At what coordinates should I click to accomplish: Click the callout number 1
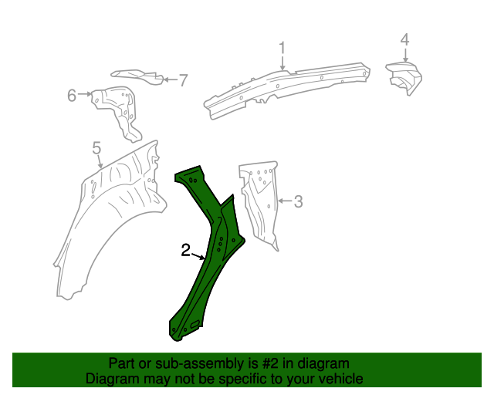click(283, 49)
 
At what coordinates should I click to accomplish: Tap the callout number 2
click(186, 250)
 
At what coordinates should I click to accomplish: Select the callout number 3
click(299, 202)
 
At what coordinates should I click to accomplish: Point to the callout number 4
click(404, 40)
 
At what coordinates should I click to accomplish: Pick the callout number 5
click(96, 147)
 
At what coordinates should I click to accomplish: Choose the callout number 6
click(72, 96)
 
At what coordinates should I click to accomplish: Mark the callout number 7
click(183, 79)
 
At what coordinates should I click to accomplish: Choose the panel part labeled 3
click(260, 204)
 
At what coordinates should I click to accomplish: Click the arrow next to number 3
click(284, 202)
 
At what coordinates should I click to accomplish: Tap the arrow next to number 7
click(168, 79)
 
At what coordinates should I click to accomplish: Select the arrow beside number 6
click(86, 96)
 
